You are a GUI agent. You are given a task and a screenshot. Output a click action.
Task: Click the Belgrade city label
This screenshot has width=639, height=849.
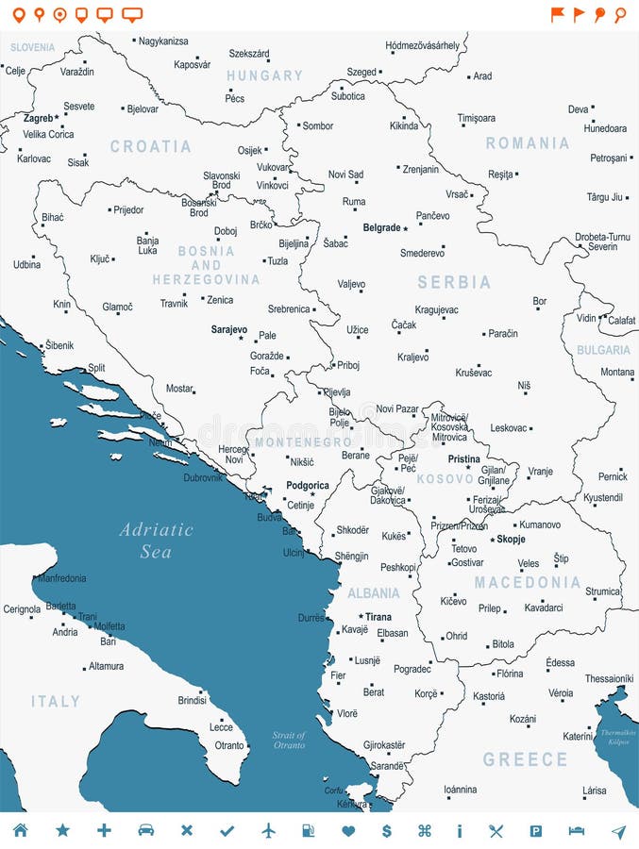tap(381, 227)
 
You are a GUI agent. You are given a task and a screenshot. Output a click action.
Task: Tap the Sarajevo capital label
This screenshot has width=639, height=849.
tap(228, 330)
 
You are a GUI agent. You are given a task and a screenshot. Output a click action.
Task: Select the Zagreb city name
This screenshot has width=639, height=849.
tap(38, 119)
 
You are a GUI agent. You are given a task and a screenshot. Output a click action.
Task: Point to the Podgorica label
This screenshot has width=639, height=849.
tap(307, 486)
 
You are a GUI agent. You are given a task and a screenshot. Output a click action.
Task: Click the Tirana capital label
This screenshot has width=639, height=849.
tap(378, 617)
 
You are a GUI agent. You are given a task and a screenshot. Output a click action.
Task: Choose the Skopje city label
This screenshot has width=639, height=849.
tap(511, 539)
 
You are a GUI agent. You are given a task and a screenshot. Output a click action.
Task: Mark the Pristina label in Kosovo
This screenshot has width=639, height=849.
tap(463, 459)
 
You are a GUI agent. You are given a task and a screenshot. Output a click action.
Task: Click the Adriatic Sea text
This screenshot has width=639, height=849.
tap(156, 541)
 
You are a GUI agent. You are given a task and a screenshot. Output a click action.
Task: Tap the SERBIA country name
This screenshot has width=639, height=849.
tap(455, 282)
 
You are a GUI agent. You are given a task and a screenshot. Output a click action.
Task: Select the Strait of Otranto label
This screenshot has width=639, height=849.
tap(289, 740)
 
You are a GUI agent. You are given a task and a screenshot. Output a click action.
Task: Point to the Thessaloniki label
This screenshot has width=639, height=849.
tap(608, 678)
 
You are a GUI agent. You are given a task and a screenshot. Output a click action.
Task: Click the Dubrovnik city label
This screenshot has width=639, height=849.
tap(203, 477)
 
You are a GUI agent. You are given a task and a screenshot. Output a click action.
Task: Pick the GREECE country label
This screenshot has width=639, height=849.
tap(525, 759)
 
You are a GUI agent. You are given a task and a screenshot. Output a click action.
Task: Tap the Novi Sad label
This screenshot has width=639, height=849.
tap(345, 175)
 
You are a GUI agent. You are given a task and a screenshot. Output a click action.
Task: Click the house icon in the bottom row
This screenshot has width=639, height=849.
tap(20, 830)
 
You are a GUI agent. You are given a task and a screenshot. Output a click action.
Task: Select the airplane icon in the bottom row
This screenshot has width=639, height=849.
tap(269, 830)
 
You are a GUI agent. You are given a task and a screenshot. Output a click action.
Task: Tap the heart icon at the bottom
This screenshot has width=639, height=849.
tap(348, 830)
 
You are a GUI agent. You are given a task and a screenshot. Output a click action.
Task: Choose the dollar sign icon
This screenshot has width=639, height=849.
tap(386, 830)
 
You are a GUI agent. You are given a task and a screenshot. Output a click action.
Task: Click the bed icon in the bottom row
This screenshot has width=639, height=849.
tap(576, 830)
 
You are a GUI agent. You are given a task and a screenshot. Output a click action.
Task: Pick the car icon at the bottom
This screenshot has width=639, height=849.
tap(145, 830)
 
